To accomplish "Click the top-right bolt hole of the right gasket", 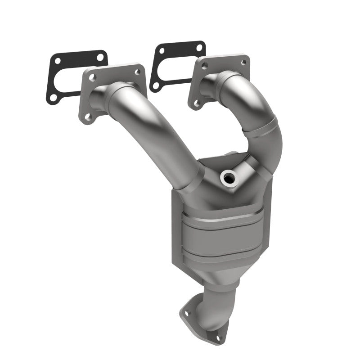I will (x=198, y=47).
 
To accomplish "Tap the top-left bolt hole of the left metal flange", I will (x=92, y=77).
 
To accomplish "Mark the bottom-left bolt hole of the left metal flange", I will (x=88, y=117).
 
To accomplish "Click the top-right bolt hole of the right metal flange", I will (x=243, y=63).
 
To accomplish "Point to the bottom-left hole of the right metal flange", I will (x=197, y=103).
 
